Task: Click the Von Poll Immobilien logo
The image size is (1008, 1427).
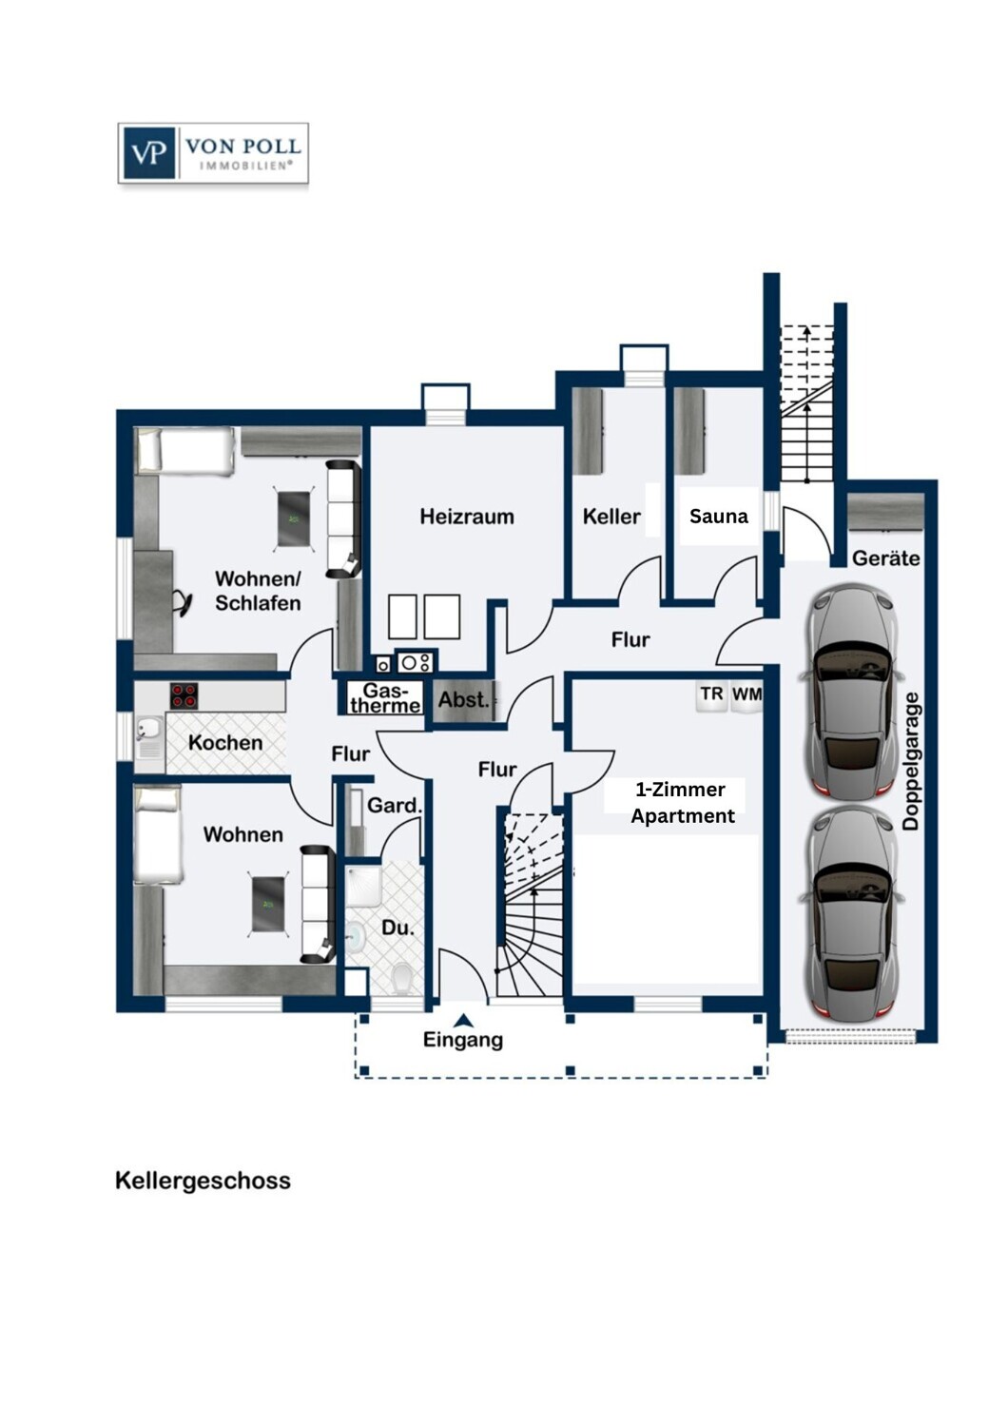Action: (x=213, y=152)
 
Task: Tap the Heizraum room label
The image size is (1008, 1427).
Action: (x=467, y=517)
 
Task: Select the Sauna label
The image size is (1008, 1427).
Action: (x=718, y=517)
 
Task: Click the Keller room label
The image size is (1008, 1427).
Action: (x=611, y=517)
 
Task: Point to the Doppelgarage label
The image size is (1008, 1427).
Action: (x=911, y=761)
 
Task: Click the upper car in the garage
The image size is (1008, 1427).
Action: (x=851, y=692)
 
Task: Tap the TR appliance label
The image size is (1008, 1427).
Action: (x=711, y=694)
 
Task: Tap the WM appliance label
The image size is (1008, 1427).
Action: (x=746, y=694)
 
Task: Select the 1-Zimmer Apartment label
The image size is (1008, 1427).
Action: (x=682, y=803)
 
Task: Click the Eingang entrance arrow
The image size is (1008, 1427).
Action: (x=463, y=1021)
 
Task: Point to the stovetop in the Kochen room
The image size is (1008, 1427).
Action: (x=184, y=695)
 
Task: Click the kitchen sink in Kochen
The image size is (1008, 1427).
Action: (x=148, y=731)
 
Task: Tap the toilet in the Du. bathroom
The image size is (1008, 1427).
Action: (x=402, y=976)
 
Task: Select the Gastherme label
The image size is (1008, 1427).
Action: (x=385, y=698)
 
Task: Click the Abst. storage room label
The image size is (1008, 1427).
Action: (x=463, y=700)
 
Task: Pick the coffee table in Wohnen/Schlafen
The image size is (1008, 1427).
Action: (x=294, y=518)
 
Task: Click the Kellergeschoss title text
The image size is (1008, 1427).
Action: (x=203, y=1181)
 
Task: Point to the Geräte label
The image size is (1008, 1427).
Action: (x=885, y=558)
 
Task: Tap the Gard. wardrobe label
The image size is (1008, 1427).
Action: (x=394, y=806)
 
